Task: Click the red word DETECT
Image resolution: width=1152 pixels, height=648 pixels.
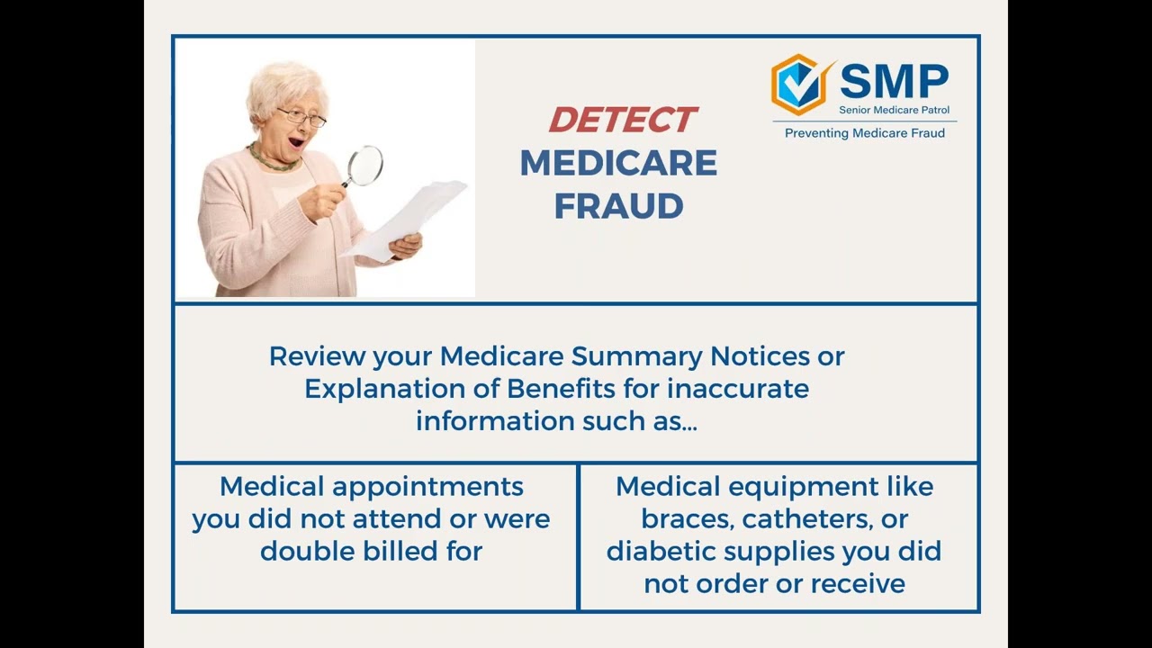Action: [622, 120]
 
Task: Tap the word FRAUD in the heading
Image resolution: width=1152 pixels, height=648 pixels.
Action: [618, 207]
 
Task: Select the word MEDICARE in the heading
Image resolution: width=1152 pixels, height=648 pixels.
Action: [618, 164]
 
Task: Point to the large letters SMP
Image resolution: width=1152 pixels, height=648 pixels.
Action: [894, 82]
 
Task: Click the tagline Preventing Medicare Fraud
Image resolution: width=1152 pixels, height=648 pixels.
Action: [864, 133]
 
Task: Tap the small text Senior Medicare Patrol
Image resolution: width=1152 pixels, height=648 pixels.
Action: [894, 111]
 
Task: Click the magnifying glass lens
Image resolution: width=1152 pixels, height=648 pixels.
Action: [364, 166]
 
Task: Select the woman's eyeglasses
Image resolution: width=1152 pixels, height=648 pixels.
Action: [301, 117]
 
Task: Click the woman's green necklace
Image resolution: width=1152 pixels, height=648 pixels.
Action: [274, 163]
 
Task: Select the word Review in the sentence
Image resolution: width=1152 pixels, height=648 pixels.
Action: [317, 356]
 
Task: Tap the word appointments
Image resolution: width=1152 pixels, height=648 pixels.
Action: [427, 487]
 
